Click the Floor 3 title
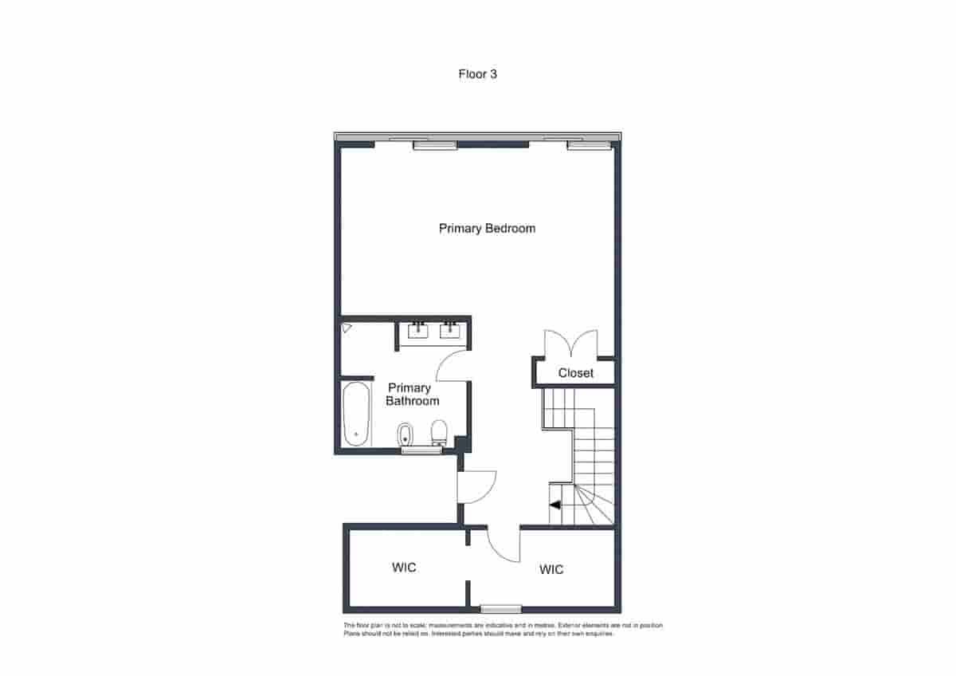click(x=478, y=74)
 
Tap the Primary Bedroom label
click(x=487, y=229)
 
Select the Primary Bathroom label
click(x=412, y=394)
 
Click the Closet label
click(x=575, y=373)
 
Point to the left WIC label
click(x=404, y=568)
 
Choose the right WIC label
click(x=551, y=569)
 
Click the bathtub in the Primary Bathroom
click(x=356, y=415)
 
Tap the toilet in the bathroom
click(x=438, y=434)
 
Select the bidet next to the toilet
click(x=405, y=434)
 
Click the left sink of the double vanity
click(x=418, y=329)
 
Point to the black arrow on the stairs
click(x=555, y=505)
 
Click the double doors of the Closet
click(x=570, y=344)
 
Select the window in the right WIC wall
click(x=501, y=609)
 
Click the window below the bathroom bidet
click(x=421, y=451)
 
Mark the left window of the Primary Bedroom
click(x=435, y=145)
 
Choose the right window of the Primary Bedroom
click(x=588, y=145)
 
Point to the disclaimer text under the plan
click(x=503, y=630)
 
